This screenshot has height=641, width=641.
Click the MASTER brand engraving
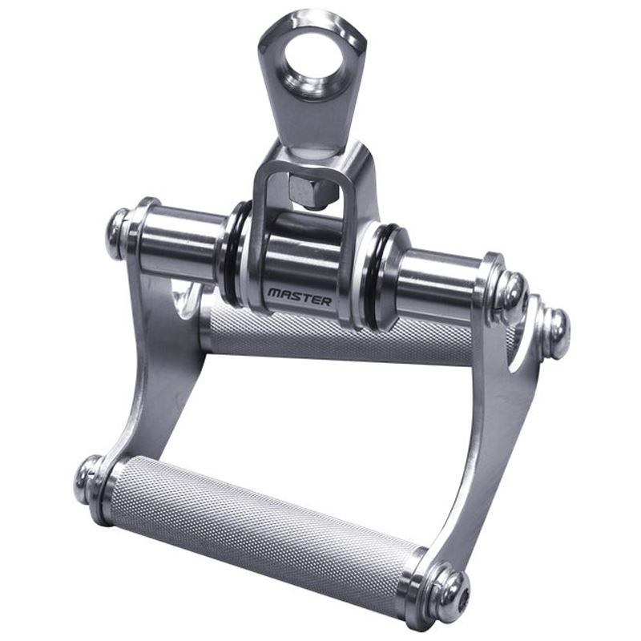pos(300,297)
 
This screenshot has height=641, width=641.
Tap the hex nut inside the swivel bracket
pos(312,190)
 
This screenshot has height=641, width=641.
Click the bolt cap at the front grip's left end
pos(87,478)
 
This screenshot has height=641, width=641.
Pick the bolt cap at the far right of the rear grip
pos(556,333)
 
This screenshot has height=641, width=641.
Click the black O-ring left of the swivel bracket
pos(231,252)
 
